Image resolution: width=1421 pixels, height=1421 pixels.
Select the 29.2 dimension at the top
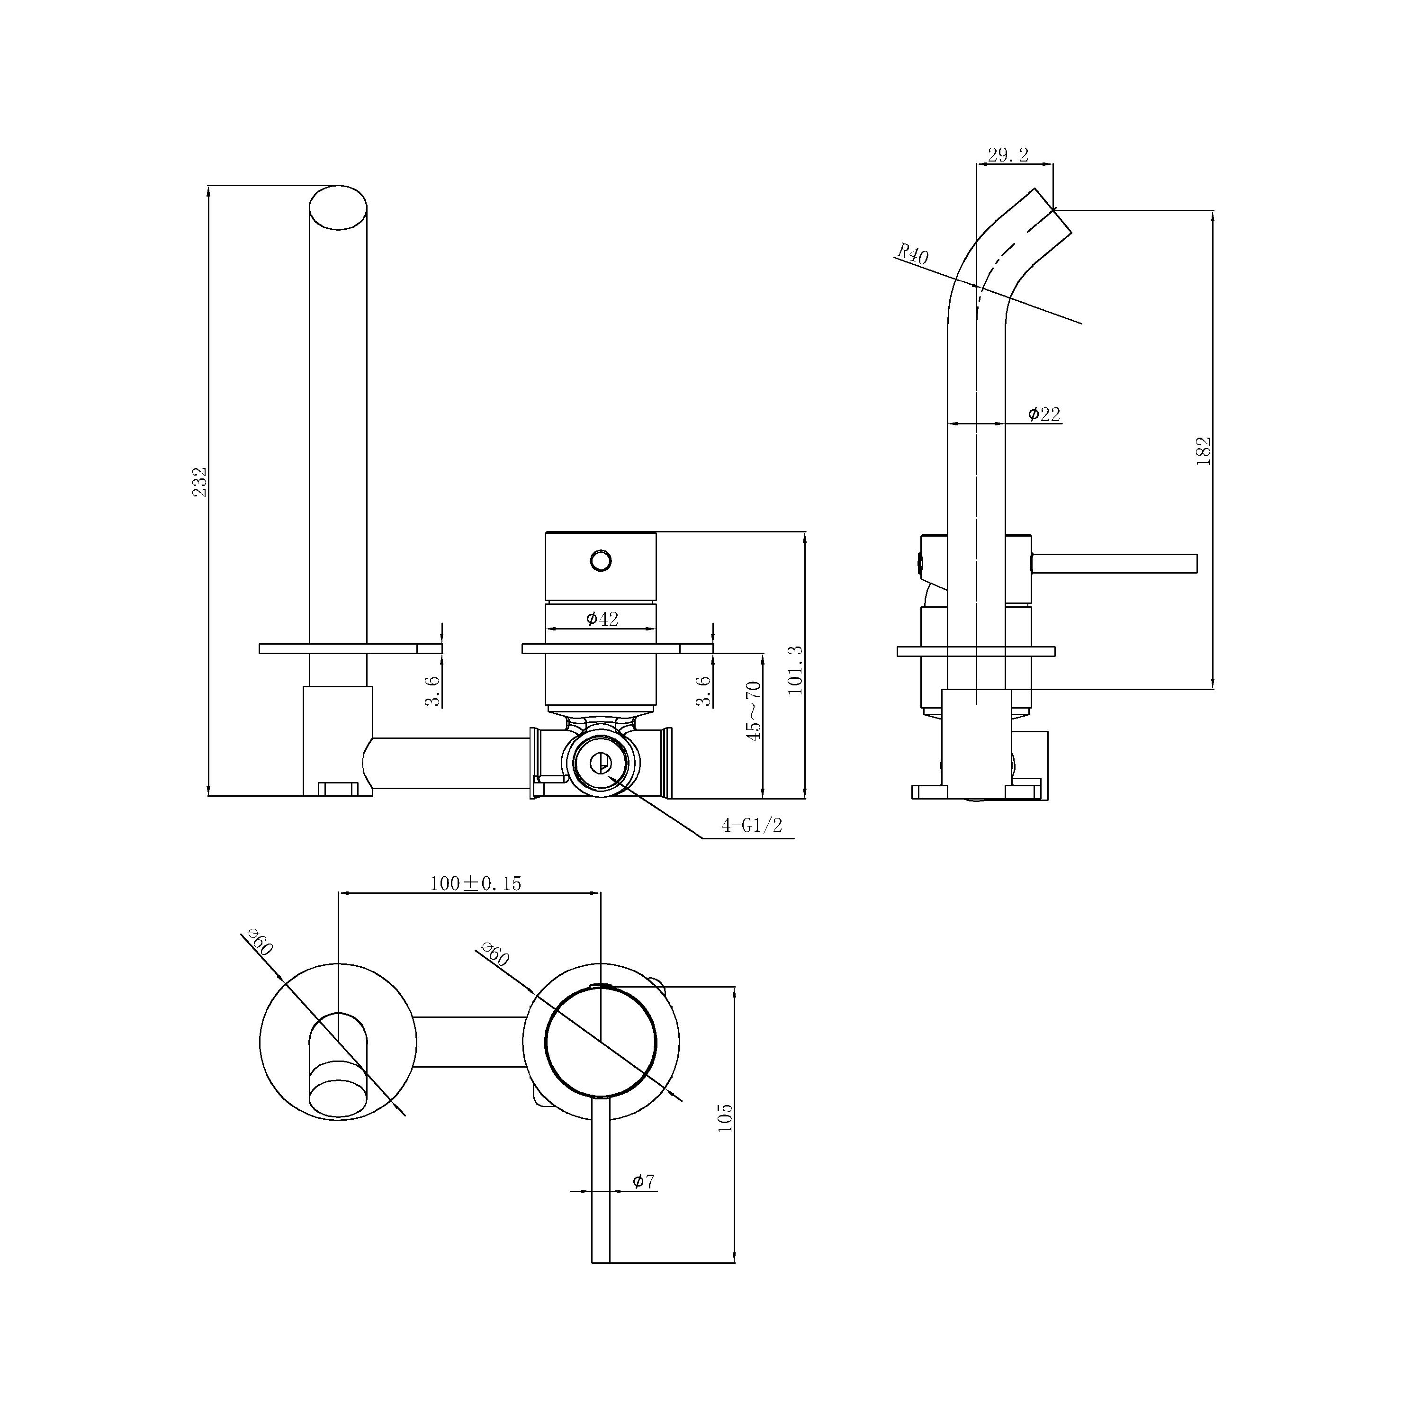1007,155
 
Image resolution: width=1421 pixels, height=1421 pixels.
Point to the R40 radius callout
912,254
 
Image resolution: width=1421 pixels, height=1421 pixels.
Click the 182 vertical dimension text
1203,451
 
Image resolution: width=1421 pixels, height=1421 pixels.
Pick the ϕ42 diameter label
602,619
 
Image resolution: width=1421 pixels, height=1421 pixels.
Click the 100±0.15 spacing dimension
475,883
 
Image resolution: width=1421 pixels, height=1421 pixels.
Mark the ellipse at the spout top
338,208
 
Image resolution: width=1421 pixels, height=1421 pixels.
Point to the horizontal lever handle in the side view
1114,563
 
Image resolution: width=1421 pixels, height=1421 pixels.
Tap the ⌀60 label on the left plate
261,943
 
